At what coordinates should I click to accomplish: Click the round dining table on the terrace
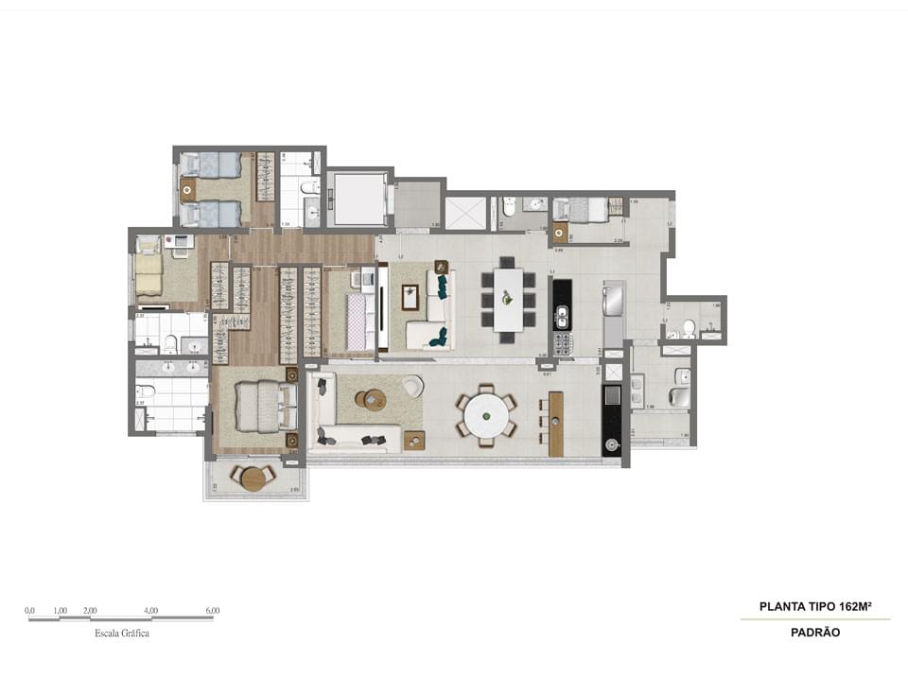pyautogui.click(x=485, y=414)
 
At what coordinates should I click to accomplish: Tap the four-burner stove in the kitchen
pyautogui.click(x=563, y=342)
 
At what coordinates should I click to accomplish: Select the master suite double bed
pyautogui.click(x=256, y=407)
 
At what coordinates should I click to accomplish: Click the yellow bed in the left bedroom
pyautogui.click(x=148, y=271)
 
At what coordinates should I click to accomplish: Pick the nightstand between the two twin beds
pyautogui.click(x=187, y=189)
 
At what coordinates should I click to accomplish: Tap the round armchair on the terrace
pyautogui.click(x=411, y=386)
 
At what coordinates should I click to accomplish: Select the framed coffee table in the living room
pyautogui.click(x=410, y=298)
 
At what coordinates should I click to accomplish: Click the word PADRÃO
pyautogui.click(x=816, y=633)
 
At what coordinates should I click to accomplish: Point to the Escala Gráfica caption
pyautogui.click(x=121, y=634)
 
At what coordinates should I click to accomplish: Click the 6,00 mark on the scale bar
pyautogui.click(x=212, y=611)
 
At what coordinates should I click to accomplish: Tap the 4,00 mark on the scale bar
pyautogui.click(x=151, y=611)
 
